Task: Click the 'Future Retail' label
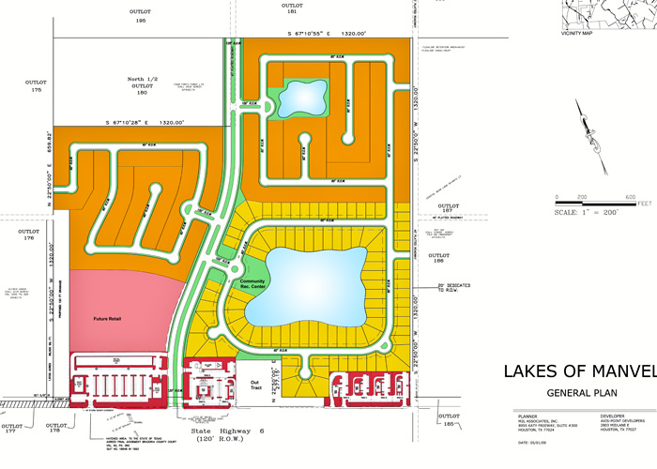click(x=107, y=319)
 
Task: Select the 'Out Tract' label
click(x=254, y=386)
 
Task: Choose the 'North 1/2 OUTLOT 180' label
click(x=142, y=86)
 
